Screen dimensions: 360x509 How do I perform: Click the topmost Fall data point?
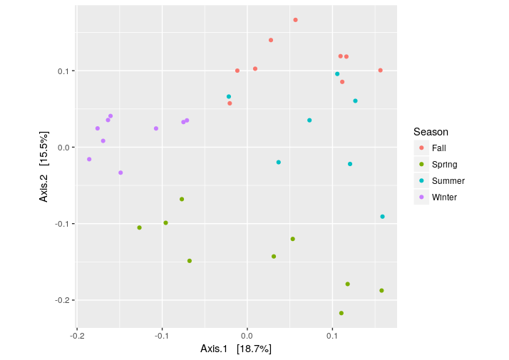click(x=295, y=20)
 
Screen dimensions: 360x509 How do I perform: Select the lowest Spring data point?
click(x=341, y=313)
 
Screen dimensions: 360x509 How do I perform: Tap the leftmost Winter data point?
click(x=89, y=159)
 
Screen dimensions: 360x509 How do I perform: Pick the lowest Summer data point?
click(x=382, y=217)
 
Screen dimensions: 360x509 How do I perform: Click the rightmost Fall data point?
click(x=381, y=70)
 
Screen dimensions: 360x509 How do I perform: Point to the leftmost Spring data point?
click(x=139, y=227)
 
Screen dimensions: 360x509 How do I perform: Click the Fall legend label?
click(x=438, y=148)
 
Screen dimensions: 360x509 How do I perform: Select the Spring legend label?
click(x=444, y=164)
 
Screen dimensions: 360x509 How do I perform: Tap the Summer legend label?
click(x=448, y=181)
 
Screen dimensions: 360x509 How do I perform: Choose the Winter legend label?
click(x=444, y=197)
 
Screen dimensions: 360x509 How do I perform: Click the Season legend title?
click(x=431, y=132)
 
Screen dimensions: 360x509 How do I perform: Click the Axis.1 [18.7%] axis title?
click(x=236, y=349)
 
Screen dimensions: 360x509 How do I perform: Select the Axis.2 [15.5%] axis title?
click(x=44, y=166)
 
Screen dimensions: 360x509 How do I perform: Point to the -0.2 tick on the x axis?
click(x=77, y=334)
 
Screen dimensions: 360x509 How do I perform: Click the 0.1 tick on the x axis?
click(x=332, y=334)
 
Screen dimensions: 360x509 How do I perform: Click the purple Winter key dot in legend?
click(x=421, y=197)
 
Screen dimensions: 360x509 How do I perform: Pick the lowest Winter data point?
click(x=120, y=173)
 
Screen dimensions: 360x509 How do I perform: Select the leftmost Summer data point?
click(x=229, y=97)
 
